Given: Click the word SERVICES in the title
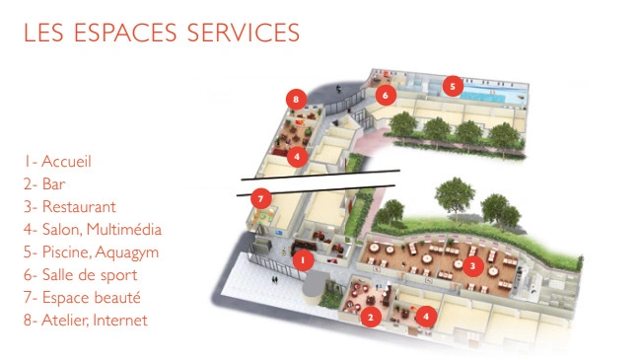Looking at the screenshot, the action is pyautogui.click(x=244, y=33).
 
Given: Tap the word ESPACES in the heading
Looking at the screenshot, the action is pyautogui.click(x=125, y=33).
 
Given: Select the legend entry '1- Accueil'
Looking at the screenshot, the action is pyautogui.click(x=57, y=161).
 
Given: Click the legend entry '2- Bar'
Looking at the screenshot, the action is pyautogui.click(x=44, y=183).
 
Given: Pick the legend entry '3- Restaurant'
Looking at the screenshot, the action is pyautogui.click(x=70, y=207).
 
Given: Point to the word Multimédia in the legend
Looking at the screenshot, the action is pyautogui.click(x=124, y=229).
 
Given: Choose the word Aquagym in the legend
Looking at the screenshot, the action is pyautogui.click(x=127, y=252).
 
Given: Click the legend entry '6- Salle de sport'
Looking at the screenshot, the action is pyautogui.click(x=80, y=275).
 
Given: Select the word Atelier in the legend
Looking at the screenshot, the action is pyautogui.click(x=66, y=320).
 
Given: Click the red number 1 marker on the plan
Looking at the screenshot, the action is pyautogui.click(x=303, y=259).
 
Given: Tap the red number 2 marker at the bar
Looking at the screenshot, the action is pyautogui.click(x=371, y=317).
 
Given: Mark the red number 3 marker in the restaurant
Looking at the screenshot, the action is pyautogui.click(x=472, y=266).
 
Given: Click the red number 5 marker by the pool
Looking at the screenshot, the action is pyautogui.click(x=453, y=86).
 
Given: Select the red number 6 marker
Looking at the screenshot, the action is pyautogui.click(x=386, y=95).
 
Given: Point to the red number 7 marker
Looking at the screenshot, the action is pyautogui.click(x=260, y=199).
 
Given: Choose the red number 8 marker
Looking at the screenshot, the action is pyautogui.click(x=296, y=99).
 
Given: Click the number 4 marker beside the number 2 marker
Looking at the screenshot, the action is pyautogui.click(x=426, y=316).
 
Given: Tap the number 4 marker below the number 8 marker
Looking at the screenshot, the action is pyautogui.click(x=297, y=157).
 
